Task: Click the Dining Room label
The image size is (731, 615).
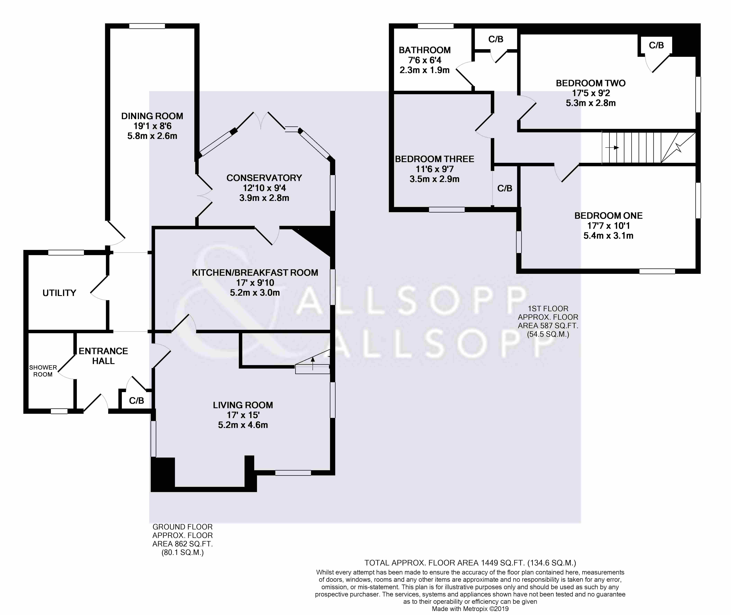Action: click(152, 116)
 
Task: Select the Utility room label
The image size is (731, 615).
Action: click(59, 293)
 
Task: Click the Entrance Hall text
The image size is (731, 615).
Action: click(103, 356)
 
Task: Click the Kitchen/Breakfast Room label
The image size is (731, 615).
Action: click(255, 273)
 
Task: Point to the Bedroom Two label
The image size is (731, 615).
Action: click(591, 83)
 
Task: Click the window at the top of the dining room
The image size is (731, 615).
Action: click(147, 26)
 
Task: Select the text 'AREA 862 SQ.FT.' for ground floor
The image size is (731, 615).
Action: click(183, 544)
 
